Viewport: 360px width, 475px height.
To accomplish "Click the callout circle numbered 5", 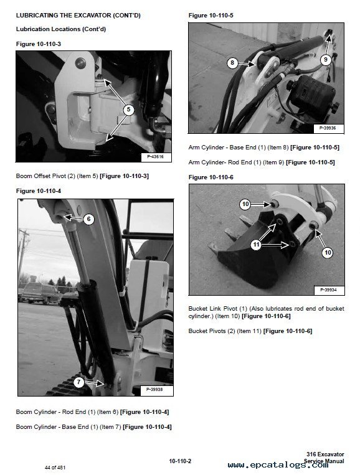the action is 128,110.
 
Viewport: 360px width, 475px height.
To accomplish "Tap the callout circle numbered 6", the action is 88,219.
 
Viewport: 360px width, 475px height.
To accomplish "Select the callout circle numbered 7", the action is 78,382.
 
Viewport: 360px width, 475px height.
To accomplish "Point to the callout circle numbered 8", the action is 232,63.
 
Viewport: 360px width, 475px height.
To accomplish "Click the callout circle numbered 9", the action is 326,59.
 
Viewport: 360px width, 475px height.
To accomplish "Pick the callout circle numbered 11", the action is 257,245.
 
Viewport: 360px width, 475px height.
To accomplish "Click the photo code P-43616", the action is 155,157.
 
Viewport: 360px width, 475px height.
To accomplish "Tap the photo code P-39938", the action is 154,389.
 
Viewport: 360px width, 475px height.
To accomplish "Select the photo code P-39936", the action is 328,128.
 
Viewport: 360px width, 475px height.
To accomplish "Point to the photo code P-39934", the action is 328,290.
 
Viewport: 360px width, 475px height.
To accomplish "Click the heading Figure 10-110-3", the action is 39,44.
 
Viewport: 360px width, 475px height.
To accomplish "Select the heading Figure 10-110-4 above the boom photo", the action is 39,191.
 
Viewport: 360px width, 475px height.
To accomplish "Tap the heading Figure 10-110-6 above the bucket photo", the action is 211,177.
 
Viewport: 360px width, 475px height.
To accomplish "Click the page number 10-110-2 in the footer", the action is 180,461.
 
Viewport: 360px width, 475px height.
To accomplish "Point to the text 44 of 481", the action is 55,468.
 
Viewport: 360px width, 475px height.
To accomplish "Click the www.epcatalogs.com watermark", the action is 278,465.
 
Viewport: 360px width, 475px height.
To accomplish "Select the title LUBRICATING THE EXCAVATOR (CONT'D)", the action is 78,16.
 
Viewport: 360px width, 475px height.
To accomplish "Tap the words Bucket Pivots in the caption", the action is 207,331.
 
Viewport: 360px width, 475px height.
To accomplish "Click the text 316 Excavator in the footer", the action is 325,454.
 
